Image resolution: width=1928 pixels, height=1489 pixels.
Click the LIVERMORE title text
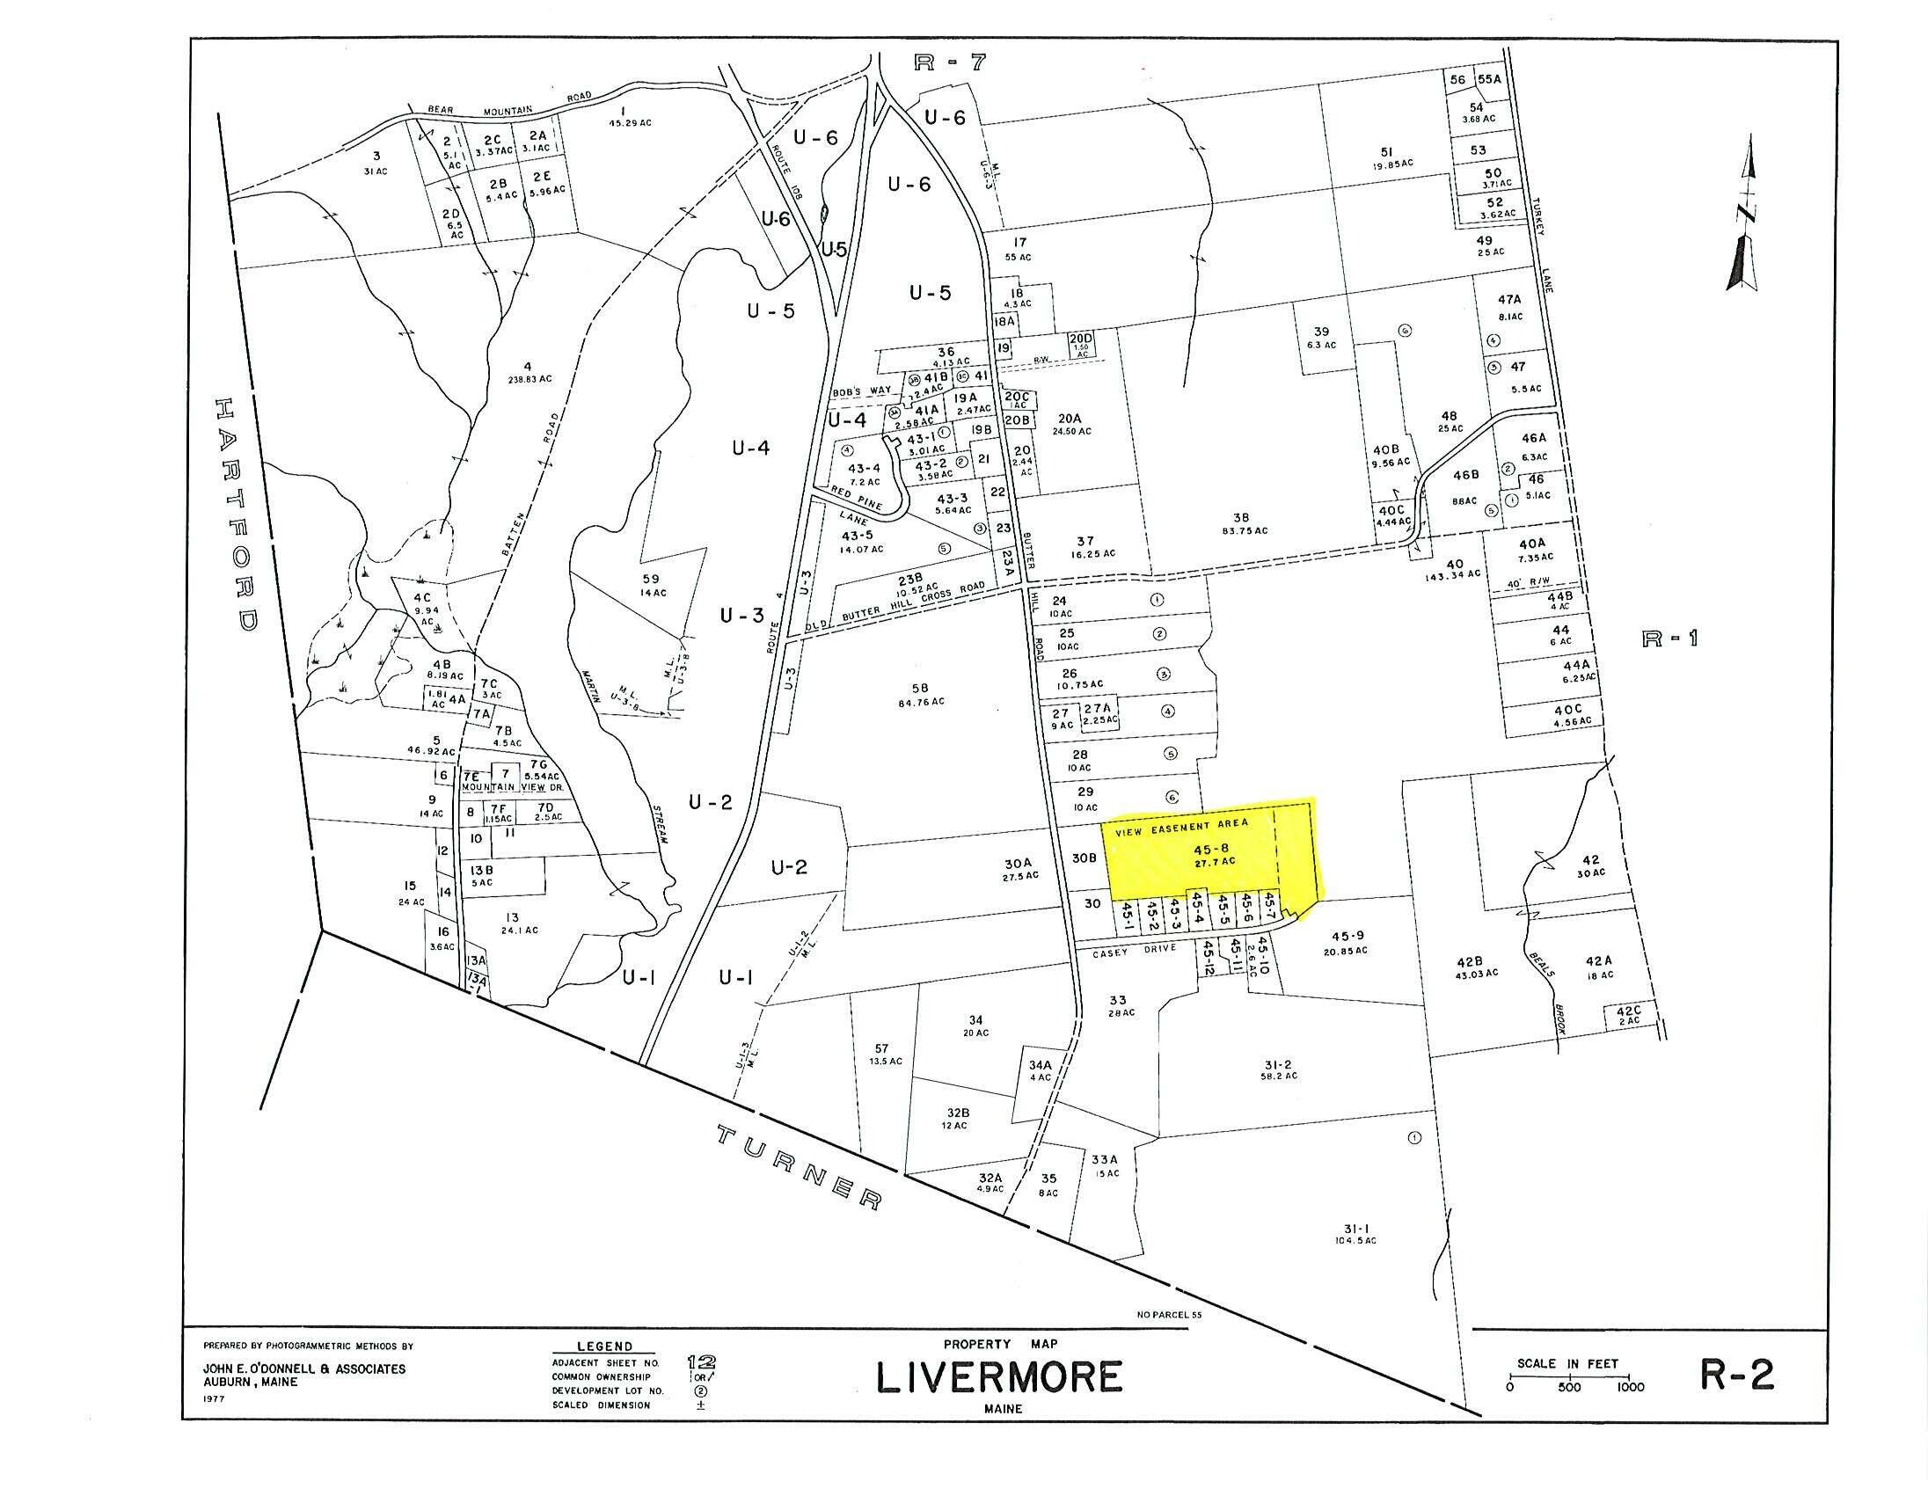pos(998,1376)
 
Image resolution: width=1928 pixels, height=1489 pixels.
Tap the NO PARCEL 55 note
pos(1171,1314)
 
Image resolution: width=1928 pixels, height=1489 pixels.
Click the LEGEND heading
pos(604,1347)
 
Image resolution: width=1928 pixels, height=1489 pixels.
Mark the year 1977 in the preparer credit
pos(215,1398)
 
